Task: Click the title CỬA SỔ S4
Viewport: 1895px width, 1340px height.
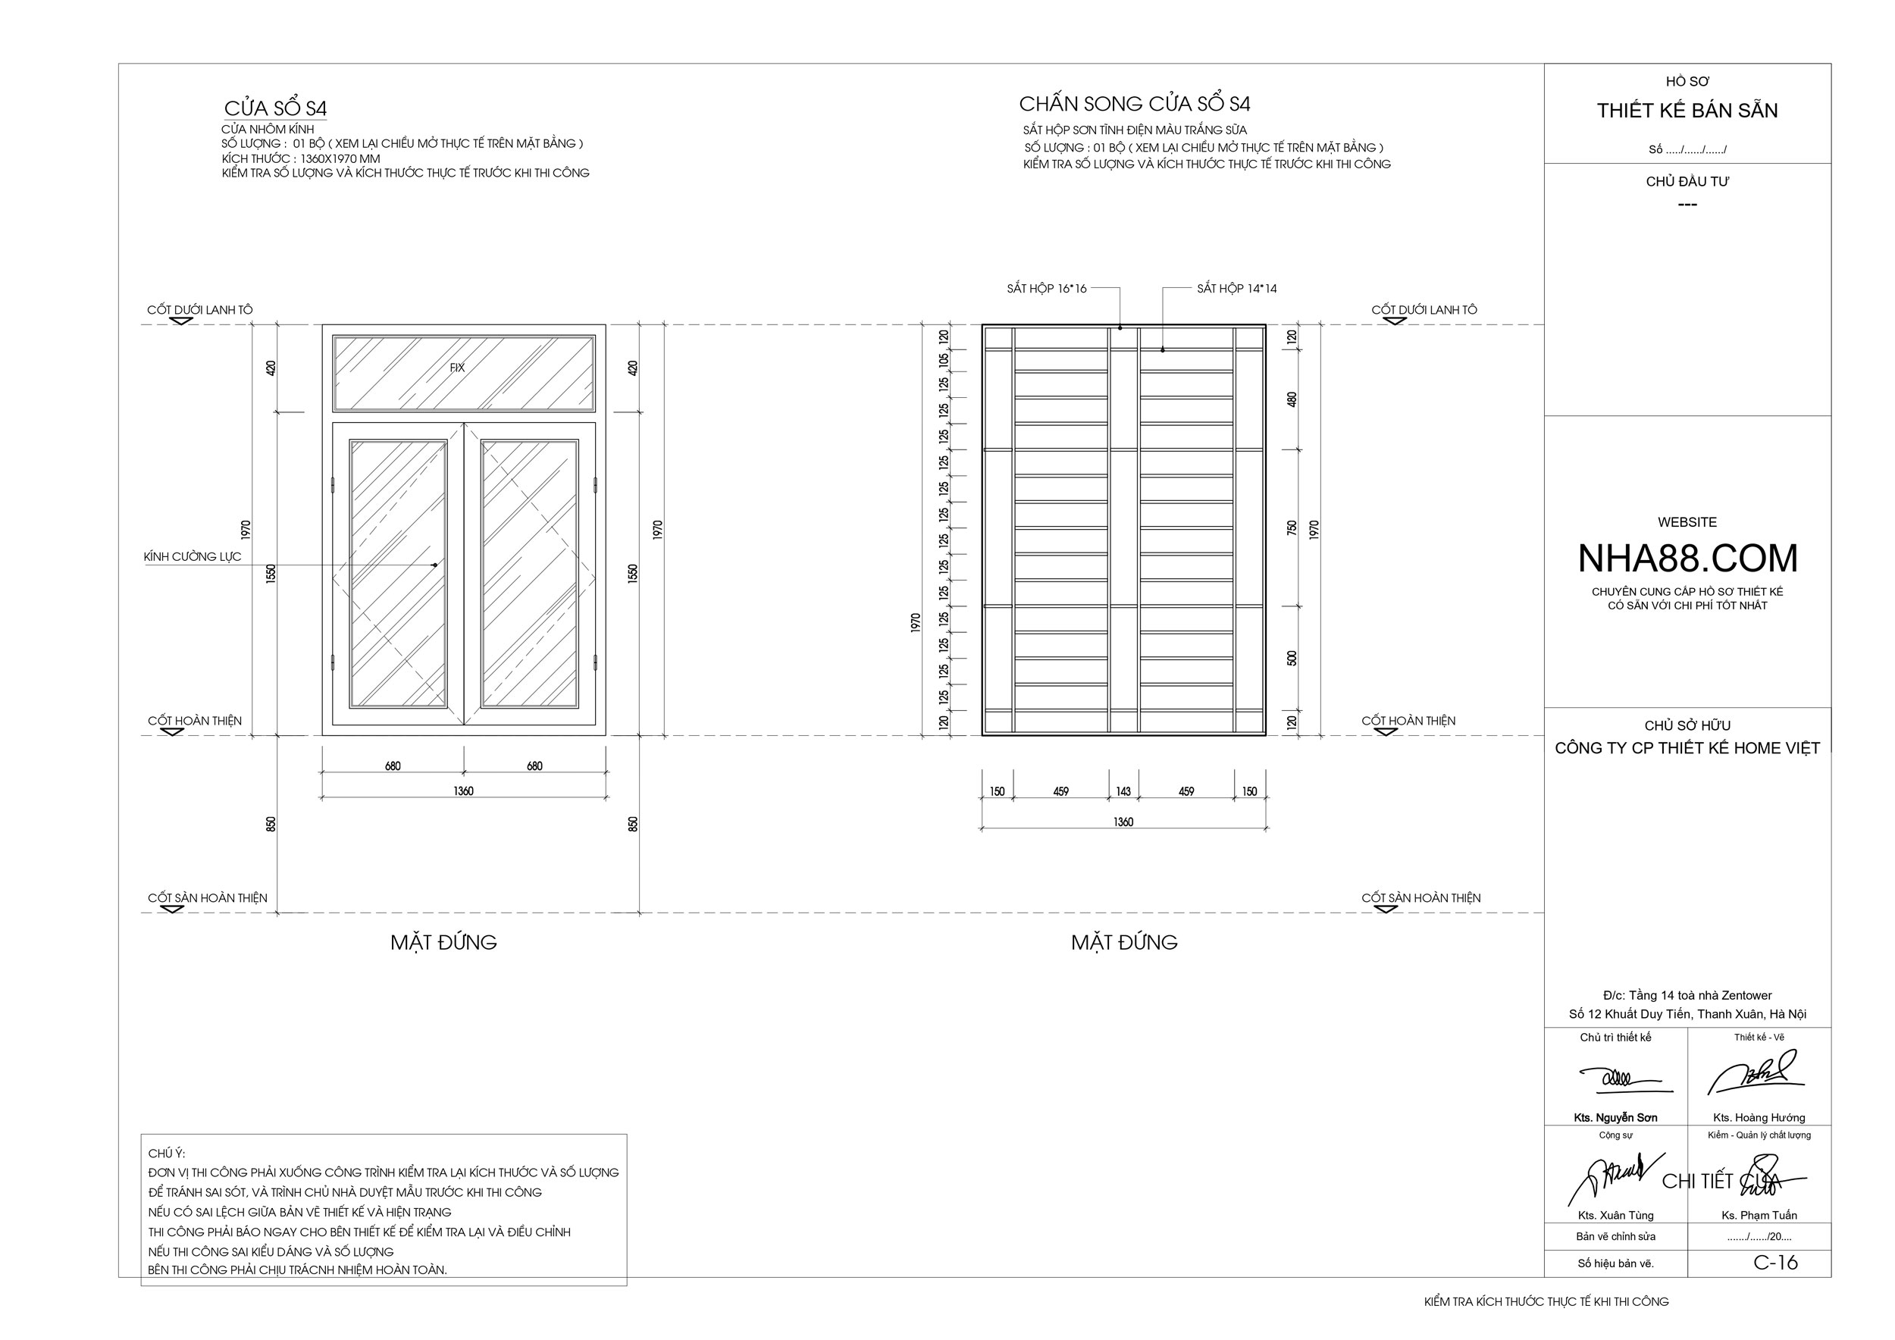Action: pyautogui.click(x=276, y=108)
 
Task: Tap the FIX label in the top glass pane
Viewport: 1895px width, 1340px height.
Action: pyautogui.click(x=457, y=368)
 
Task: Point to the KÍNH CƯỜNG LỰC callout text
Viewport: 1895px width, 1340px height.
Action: pyautogui.click(x=193, y=557)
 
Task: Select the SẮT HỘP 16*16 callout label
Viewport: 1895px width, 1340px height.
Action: pyautogui.click(x=1046, y=289)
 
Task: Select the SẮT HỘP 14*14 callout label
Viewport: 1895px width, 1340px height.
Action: pyautogui.click(x=1236, y=289)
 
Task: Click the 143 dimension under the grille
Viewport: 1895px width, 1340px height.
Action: pyautogui.click(x=1123, y=791)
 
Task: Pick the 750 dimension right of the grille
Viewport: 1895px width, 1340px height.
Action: pyautogui.click(x=1292, y=528)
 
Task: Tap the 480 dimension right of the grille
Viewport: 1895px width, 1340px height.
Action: pyautogui.click(x=1292, y=399)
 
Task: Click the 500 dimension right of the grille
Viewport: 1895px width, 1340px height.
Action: pyautogui.click(x=1292, y=659)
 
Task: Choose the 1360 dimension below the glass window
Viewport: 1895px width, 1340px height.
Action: pyautogui.click(x=463, y=791)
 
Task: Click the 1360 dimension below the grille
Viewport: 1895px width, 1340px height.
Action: pyautogui.click(x=1123, y=822)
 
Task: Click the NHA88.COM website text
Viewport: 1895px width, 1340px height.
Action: pyautogui.click(x=1687, y=559)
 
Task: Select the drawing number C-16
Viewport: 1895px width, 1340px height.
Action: pyautogui.click(x=1775, y=1263)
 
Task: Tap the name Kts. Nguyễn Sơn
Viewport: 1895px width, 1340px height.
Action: pyautogui.click(x=1615, y=1118)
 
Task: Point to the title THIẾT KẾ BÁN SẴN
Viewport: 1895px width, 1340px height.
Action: pyautogui.click(x=1687, y=111)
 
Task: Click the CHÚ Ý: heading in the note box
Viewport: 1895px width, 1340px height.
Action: pyautogui.click(x=167, y=1154)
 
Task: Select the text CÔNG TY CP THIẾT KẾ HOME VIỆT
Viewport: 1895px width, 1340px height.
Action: pyautogui.click(x=1687, y=748)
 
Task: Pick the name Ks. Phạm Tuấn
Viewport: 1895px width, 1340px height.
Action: pyautogui.click(x=1759, y=1216)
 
